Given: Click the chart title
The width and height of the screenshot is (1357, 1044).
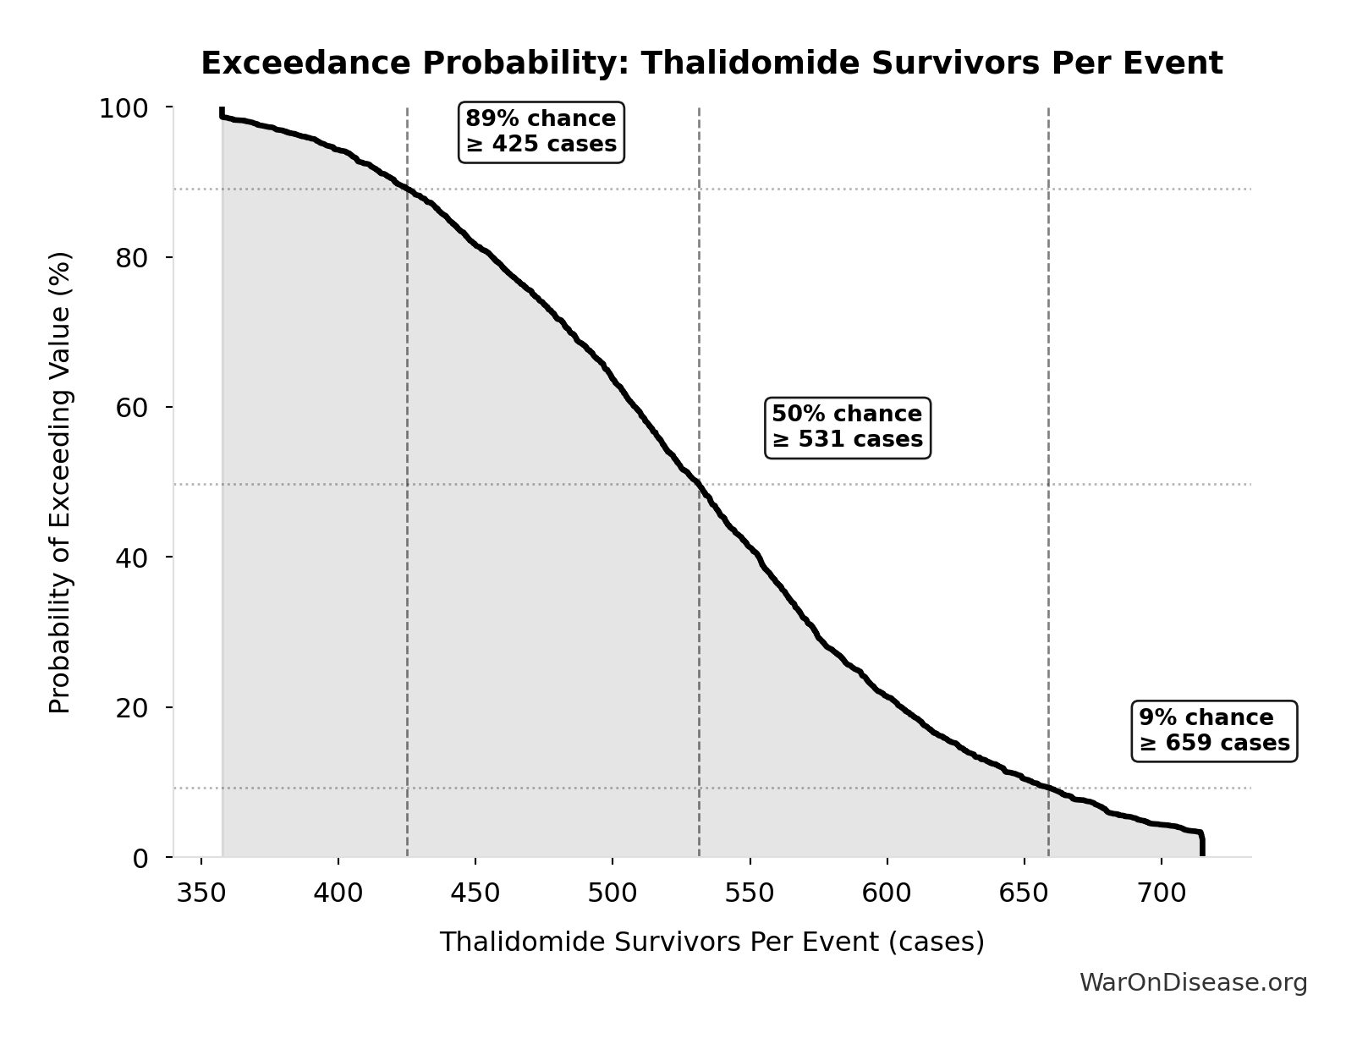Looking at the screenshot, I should pos(711,63).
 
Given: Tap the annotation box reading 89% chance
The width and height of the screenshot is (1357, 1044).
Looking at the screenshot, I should pos(541,131).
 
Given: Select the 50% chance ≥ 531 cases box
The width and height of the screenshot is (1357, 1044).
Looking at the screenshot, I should pos(847,427).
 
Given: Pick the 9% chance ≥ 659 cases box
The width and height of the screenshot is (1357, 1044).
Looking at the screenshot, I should pos(1214,730).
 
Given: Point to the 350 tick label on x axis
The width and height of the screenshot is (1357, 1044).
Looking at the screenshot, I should pos(201,893).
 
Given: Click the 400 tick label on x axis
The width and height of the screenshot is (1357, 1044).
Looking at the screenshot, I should pos(338,893).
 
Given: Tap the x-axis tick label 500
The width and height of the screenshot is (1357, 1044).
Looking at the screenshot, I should pos(613,893).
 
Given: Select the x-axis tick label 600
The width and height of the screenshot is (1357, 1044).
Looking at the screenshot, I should pos(887,893).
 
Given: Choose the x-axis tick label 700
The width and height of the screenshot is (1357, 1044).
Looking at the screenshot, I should pos(1162,893).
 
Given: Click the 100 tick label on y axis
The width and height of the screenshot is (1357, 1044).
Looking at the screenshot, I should pos(124,108).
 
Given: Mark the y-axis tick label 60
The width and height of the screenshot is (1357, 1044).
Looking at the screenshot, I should pos(132,408).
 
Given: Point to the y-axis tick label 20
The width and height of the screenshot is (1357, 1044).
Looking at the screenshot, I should pos(132,707).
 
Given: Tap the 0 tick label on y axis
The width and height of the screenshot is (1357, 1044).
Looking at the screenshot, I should pos(140,858).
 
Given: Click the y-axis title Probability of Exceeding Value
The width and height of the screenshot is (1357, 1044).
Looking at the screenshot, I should pos(60,482).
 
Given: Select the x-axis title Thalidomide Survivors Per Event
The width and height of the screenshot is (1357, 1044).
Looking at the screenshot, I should pos(711,942).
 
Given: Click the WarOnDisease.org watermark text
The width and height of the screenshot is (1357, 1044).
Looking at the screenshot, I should pos(1193,982).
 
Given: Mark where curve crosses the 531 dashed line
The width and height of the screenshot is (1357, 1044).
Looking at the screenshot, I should pos(699,484).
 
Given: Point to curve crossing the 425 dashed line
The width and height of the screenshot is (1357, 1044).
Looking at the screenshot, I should pos(408,190).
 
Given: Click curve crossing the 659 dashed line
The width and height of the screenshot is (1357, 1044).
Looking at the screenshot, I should pos(1048,788).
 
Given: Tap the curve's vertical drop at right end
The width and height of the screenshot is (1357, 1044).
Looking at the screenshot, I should pos(1201,845).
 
